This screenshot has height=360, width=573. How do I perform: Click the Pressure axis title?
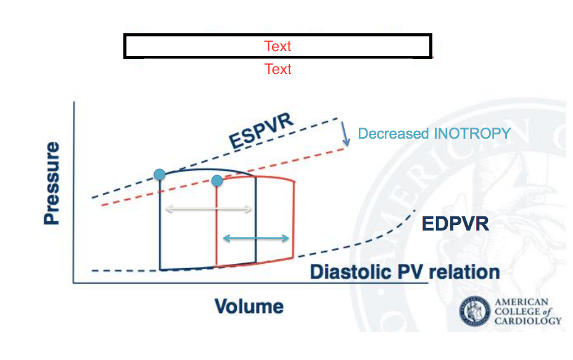click(x=52, y=183)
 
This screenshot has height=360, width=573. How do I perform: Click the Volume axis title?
click(x=249, y=306)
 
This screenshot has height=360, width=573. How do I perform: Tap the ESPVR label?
click(x=261, y=130)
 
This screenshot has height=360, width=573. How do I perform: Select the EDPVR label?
click(x=455, y=223)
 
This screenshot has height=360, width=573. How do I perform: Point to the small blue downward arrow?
click(x=345, y=134)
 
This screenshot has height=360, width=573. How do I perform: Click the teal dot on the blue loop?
click(x=160, y=174)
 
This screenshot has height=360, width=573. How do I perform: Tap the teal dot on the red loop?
click(x=217, y=181)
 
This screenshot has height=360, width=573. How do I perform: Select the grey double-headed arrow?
click(x=209, y=210)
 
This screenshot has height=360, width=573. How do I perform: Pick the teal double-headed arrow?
click(x=256, y=238)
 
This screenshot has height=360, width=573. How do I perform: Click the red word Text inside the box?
click(x=278, y=46)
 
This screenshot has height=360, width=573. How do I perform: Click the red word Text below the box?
click(x=278, y=68)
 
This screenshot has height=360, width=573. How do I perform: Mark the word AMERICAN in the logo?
click(x=521, y=302)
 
